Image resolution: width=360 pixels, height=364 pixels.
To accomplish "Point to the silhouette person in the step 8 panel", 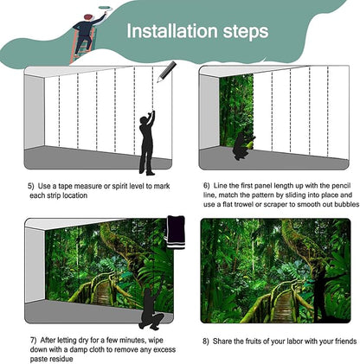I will [x=320, y=285].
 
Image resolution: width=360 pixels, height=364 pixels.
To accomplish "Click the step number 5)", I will [x=30, y=185].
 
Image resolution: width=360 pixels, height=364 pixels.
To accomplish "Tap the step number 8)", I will [x=205, y=341].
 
